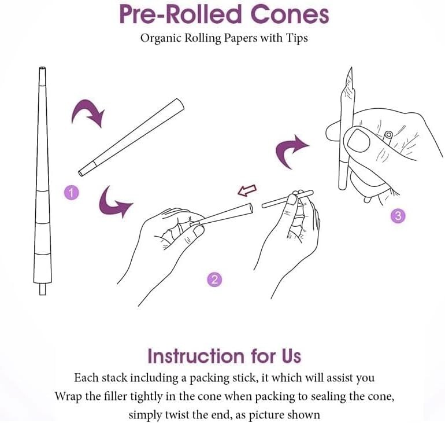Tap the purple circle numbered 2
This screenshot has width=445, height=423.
tap(214, 280)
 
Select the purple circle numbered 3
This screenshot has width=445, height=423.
tap(398, 216)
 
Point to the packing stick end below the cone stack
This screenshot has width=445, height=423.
tap(42, 288)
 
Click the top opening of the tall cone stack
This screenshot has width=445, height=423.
tap(42, 69)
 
